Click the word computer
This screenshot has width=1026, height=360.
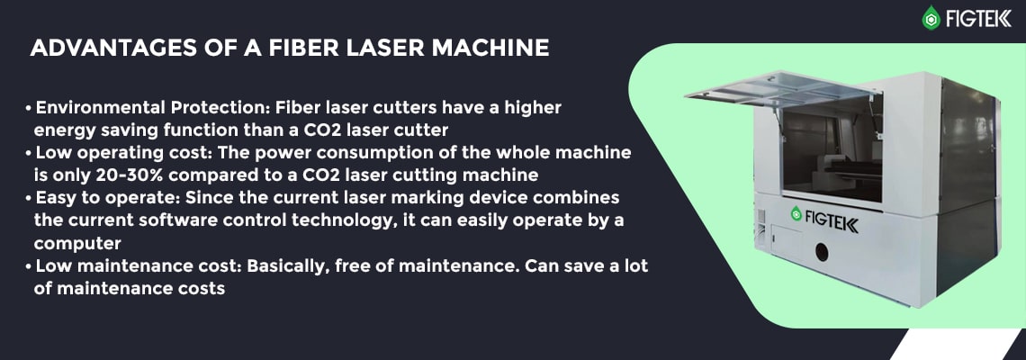[x=77, y=244]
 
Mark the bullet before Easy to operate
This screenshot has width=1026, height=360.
[x=29, y=199]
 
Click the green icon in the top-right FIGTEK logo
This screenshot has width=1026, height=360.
[x=931, y=18]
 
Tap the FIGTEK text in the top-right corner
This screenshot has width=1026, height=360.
[x=978, y=18]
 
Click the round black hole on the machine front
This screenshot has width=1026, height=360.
[x=821, y=252]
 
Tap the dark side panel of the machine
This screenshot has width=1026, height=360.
[x=968, y=190]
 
